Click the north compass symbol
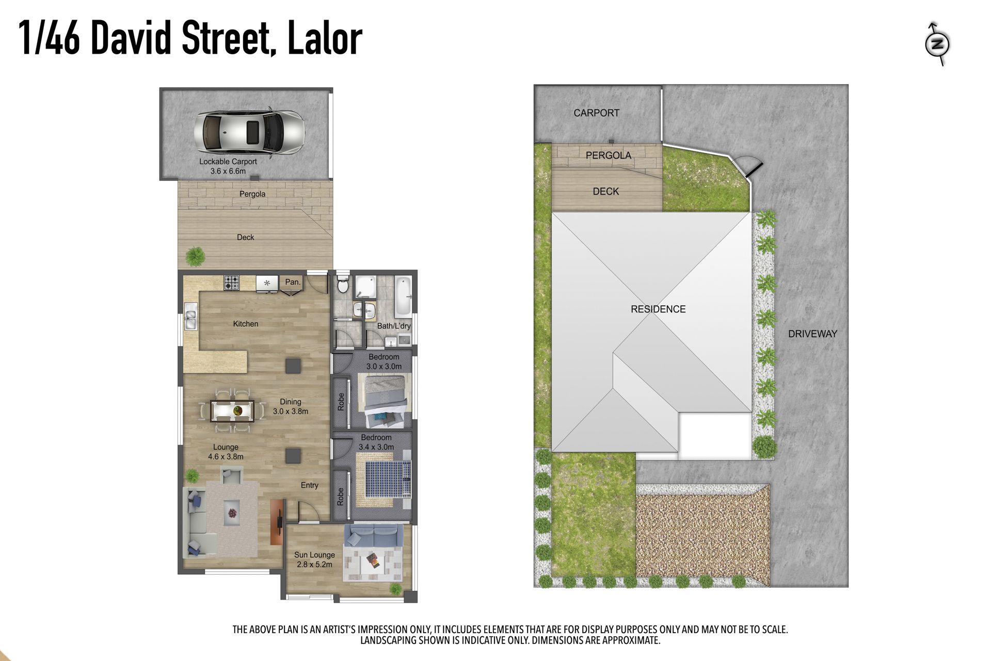pos(937,44)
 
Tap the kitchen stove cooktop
pos(231,282)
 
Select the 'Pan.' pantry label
pos(293,282)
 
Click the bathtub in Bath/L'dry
pos(403,297)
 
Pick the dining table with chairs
pos(232,411)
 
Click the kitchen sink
pos(190,317)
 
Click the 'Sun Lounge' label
pos(314,555)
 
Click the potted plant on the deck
pos(195,256)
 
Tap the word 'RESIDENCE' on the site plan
pos(658,309)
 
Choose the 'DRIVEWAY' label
pos(812,334)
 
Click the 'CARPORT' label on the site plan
pos(596,113)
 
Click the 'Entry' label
pos(310,485)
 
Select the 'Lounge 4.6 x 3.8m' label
pos(226,452)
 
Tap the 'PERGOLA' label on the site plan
pos(609,155)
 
